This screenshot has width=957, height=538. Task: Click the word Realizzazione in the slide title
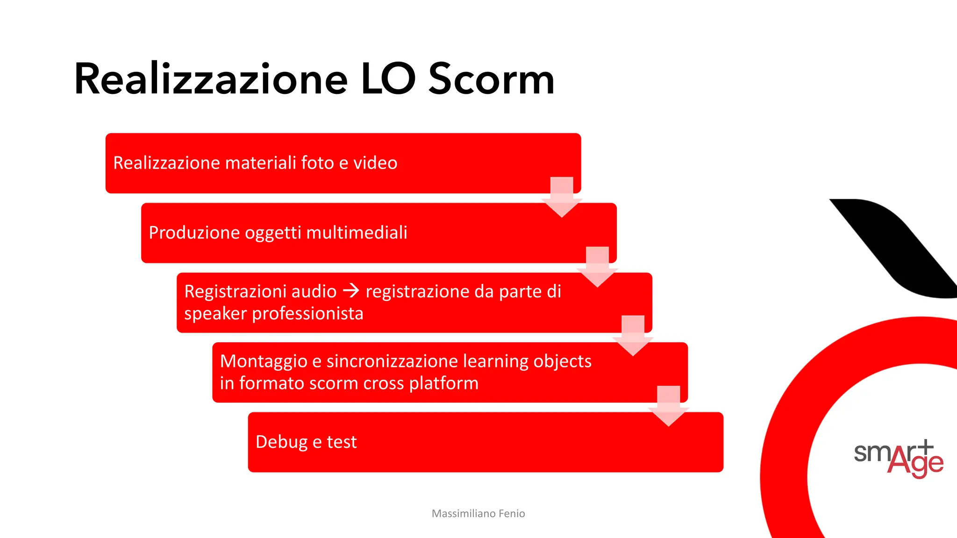(x=211, y=79)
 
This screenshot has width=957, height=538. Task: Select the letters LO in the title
(x=388, y=79)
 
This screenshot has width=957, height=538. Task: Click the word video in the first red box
(x=375, y=163)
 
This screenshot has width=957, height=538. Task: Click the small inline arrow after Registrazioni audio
(x=351, y=291)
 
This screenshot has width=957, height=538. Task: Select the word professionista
(x=307, y=313)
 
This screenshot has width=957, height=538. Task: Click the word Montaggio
(x=263, y=361)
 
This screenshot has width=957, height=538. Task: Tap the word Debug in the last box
(x=281, y=442)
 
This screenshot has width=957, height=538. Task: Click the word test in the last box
(x=342, y=442)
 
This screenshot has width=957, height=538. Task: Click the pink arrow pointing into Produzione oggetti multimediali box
(x=562, y=198)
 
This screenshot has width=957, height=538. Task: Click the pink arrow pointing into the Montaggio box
(x=633, y=336)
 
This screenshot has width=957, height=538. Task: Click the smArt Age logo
(x=898, y=459)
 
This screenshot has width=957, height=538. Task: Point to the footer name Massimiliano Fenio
(x=478, y=514)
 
